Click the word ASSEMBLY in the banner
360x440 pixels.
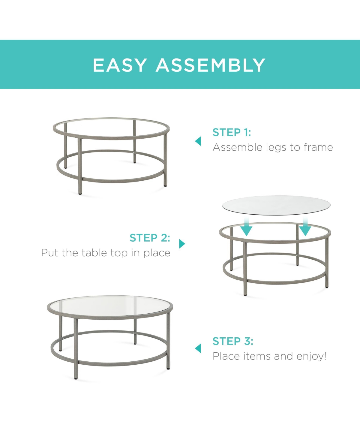(211, 65)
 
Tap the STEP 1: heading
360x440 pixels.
(232, 132)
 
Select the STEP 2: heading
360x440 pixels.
(150, 238)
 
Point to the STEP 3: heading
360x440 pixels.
(233, 341)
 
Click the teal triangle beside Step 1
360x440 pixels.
(198, 141)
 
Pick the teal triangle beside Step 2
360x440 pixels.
(182, 244)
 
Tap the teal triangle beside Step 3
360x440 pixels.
(198, 348)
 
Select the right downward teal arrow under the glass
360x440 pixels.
(305, 227)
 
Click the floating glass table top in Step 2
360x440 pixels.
(276, 205)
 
